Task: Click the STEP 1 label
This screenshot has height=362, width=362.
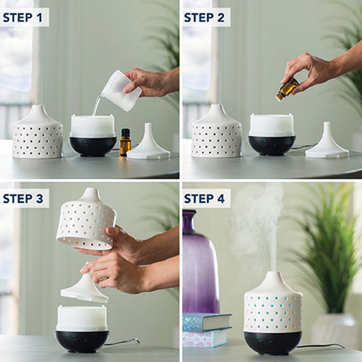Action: click(23, 17)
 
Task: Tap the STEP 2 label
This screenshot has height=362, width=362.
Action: click(204, 17)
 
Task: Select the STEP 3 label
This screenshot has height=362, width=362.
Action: click(23, 199)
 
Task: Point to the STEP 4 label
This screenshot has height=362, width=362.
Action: click(204, 199)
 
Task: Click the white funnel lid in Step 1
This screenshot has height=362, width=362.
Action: click(148, 145)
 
